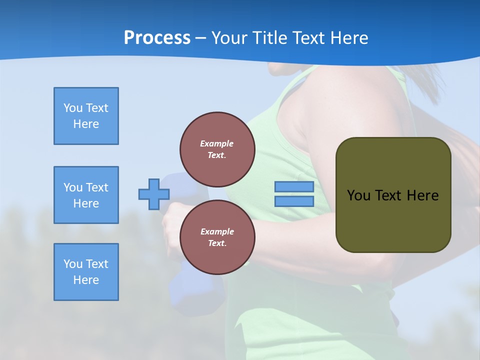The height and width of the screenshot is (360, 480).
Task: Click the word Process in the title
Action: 157,38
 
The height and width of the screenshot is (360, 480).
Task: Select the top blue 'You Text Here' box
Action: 86,116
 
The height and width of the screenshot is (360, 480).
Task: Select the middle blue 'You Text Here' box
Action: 86,195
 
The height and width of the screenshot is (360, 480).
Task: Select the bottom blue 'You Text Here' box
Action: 86,272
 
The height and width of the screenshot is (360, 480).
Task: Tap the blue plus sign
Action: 154,194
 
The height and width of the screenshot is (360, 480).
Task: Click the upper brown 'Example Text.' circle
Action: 217,149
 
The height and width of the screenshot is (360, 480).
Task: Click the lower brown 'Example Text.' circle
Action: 217,237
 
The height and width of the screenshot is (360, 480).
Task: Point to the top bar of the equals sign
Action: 294,187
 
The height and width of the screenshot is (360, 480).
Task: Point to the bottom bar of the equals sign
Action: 294,201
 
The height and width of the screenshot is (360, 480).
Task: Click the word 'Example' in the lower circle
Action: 217,231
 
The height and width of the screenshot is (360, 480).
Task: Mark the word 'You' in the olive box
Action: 358,195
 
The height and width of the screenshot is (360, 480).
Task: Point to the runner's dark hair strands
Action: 430,80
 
